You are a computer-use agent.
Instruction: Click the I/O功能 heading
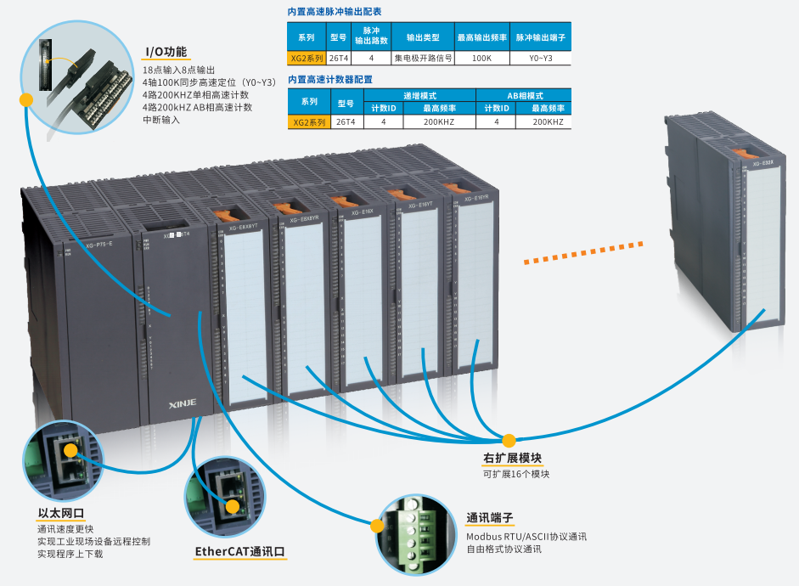coord(165,52)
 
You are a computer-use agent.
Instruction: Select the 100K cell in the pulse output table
coord(481,59)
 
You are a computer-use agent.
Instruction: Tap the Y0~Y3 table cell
coord(540,59)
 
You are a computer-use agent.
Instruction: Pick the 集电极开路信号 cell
coord(423,59)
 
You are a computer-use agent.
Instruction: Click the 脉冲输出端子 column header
coord(540,38)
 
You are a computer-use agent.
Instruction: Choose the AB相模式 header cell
coord(524,95)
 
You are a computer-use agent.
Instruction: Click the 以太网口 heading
coord(61,513)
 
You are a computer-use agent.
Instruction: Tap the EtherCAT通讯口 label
coord(240,552)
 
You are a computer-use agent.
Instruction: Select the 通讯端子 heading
coord(490,518)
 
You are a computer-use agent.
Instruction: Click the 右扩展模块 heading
coord(512,459)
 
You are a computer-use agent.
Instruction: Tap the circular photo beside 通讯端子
coord(412,529)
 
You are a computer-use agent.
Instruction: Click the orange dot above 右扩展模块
coord(509,441)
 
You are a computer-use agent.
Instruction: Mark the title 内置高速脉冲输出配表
coord(335,13)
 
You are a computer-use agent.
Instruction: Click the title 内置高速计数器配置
coord(329,79)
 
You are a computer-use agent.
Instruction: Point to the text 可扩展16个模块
coord(516,474)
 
